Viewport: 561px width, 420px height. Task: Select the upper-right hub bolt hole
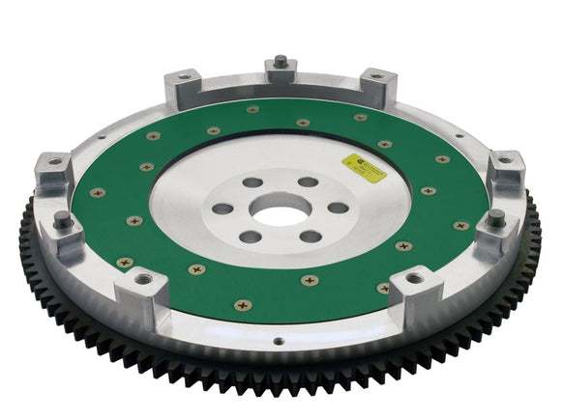tap(307, 182)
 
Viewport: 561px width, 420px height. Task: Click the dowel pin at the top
tap(280, 62)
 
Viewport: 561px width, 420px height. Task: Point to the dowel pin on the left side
tap(65, 218)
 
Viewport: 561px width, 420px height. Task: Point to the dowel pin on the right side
tap(495, 217)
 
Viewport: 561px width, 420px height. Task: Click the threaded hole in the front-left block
tap(145, 280)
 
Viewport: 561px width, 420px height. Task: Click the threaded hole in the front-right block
tap(414, 278)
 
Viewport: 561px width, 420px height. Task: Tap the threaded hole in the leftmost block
tap(55, 161)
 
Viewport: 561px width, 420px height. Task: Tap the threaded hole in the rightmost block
tap(504, 160)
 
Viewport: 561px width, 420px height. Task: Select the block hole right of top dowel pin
tap(374, 74)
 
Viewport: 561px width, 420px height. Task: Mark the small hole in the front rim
tap(279, 341)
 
